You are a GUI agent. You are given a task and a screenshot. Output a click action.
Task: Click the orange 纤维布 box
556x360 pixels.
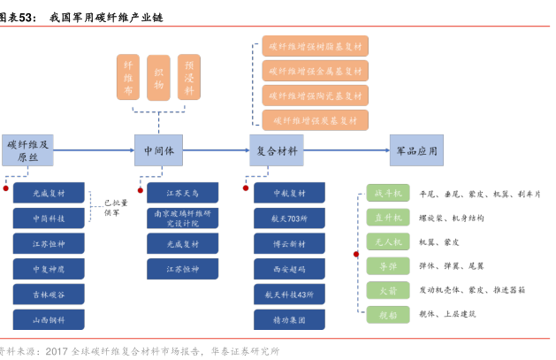pyautogui.click(x=129, y=77)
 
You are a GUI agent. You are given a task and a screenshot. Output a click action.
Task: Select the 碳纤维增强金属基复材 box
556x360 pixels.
pyautogui.click(x=315, y=71)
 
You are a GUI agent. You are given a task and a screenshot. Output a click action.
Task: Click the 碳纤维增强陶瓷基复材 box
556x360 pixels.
pyautogui.click(x=315, y=96)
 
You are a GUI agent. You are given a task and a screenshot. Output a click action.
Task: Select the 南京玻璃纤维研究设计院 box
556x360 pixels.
pyautogui.click(x=182, y=218)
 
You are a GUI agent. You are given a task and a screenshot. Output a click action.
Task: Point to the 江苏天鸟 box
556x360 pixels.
pyautogui.click(x=182, y=192)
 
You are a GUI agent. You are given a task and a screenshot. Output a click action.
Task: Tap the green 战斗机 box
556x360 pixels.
pyautogui.click(x=388, y=193)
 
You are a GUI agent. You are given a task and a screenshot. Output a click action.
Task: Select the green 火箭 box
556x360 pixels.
pyautogui.click(x=388, y=288)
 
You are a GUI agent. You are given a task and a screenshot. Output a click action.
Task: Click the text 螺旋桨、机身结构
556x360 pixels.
pyautogui.click(x=451, y=218)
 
